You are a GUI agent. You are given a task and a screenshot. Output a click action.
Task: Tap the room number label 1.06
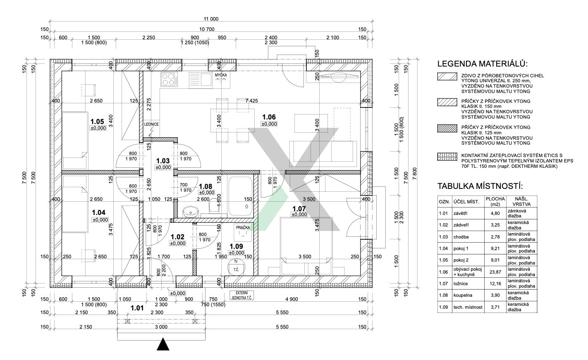(x=268, y=117)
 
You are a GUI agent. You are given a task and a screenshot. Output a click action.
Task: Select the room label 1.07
(x=299, y=208)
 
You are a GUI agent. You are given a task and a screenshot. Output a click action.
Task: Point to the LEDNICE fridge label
(x=151, y=124)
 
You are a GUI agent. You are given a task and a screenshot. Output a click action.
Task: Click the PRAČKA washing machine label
(x=243, y=227)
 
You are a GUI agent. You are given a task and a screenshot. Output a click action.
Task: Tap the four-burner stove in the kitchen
(x=169, y=79)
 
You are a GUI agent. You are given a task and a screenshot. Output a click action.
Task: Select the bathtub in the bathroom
(x=241, y=196)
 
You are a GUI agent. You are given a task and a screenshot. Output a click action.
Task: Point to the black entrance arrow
(x=163, y=344)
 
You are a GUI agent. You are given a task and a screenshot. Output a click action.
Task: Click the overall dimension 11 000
(x=211, y=19)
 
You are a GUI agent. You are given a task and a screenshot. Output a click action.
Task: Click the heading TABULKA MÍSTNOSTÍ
(x=480, y=186)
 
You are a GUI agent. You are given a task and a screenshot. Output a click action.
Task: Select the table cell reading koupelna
(x=462, y=295)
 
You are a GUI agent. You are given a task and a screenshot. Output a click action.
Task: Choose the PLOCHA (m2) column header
(x=495, y=201)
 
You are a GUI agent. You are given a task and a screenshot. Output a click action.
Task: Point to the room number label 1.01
(x=137, y=308)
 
